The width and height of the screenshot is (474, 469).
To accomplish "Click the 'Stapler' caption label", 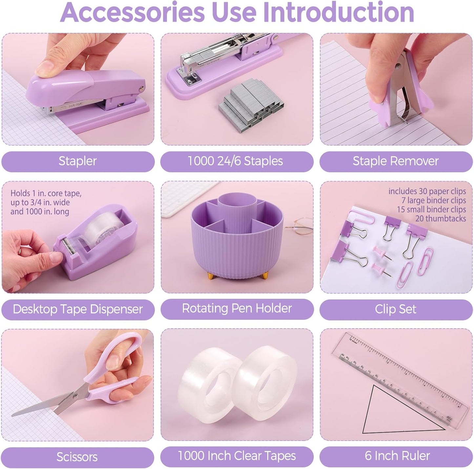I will [78, 161].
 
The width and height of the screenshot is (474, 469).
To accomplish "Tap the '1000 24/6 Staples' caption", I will [235, 161].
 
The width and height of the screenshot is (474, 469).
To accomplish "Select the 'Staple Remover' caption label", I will [396, 161].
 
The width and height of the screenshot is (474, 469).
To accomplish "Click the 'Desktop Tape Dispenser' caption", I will [78, 309].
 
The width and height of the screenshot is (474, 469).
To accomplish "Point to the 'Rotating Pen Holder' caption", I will [237, 309].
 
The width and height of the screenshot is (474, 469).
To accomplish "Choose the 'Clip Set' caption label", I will [396, 309].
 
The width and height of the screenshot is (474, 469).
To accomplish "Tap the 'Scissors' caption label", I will [77, 457].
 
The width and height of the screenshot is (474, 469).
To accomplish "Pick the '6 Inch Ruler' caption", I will [397, 456].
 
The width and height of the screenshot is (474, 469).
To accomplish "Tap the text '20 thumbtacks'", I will [441, 219].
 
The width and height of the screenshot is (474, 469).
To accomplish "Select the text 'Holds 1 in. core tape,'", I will [46, 193].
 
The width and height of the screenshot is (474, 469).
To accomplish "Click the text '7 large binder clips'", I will [433, 200].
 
